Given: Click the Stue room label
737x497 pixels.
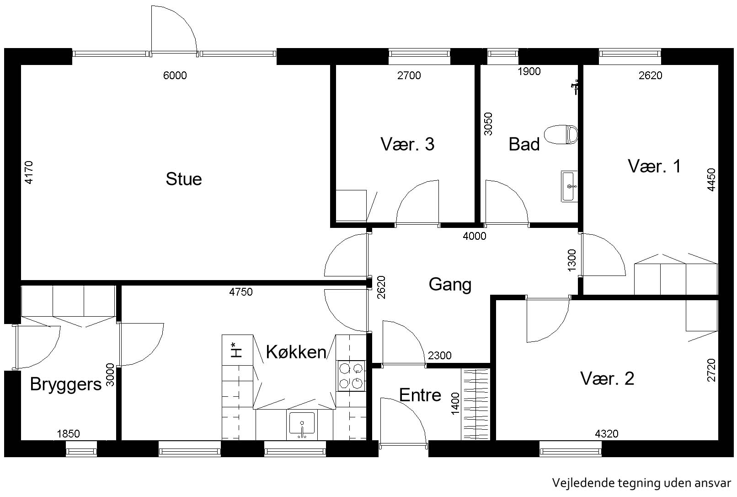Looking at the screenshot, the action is (184, 179).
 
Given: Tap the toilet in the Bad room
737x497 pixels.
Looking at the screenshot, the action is (561, 135).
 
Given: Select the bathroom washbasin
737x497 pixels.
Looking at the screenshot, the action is (569, 186).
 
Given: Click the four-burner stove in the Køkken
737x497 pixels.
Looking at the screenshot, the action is (351, 376).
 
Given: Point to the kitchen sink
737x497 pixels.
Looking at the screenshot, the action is (302, 425).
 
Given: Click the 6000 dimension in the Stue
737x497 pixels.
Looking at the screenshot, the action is (175, 76).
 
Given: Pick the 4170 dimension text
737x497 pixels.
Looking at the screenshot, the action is (29, 172).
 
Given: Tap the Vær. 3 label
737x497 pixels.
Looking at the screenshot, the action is (407, 144).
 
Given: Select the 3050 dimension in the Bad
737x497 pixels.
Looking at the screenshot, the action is (488, 124).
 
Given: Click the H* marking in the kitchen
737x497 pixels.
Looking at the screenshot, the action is (236, 350).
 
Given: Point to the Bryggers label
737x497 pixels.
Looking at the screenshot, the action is (66, 384).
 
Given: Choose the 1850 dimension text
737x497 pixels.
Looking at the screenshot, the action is (69, 434).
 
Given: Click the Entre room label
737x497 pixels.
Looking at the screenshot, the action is (420, 395).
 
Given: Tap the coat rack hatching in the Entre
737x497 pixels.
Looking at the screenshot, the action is (475, 405).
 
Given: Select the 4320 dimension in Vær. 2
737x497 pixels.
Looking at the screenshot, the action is (607, 434).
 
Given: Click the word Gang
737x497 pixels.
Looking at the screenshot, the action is (450, 285).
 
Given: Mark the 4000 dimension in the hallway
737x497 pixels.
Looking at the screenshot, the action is (475, 236).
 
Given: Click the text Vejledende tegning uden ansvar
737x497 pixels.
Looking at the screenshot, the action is (641, 483).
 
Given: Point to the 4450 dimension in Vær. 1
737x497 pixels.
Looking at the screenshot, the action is (711, 179).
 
